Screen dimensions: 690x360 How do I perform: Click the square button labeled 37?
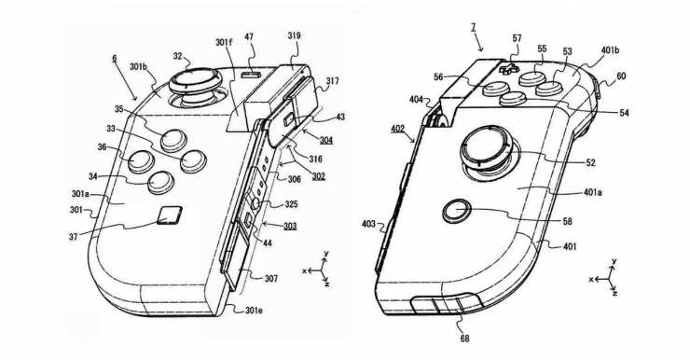(170, 215)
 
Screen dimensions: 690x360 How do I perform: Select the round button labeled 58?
(457, 212)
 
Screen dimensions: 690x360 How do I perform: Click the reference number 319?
(294, 35)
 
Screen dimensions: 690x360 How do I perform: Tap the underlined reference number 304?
(326, 141)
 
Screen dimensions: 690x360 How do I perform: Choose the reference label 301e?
(255, 310)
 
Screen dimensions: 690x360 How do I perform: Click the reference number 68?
(464, 338)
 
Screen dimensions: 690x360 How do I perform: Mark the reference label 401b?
(611, 50)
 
